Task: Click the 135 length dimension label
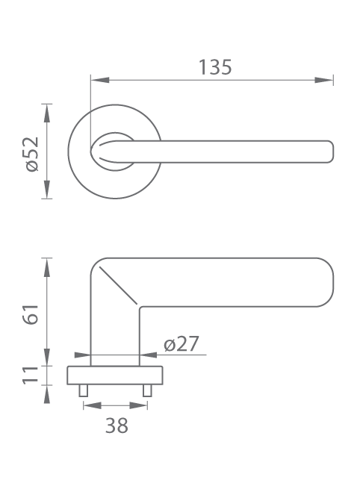pos(215,67)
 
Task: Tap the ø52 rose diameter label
pos(31,155)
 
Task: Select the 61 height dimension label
pos(31,314)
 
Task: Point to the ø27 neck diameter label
pos(181,343)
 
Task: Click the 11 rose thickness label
pos(31,375)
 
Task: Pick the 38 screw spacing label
pos(117,426)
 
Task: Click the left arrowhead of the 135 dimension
pos(100,80)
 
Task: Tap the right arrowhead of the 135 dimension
pos(324,80)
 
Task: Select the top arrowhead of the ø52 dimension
pos(46,113)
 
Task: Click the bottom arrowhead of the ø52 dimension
pos(46,190)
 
